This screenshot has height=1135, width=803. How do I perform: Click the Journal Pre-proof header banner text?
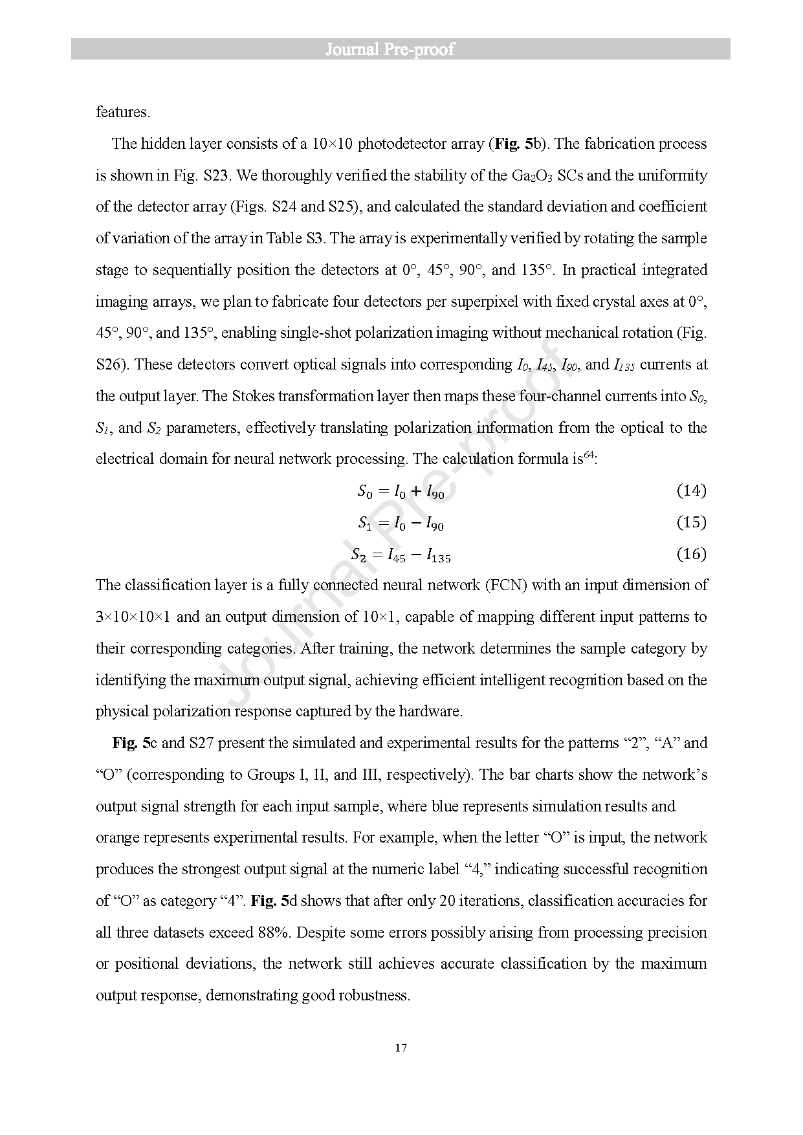point(390,49)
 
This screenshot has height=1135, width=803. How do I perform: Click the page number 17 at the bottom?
point(401,1047)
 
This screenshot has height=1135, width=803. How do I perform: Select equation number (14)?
point(691,490)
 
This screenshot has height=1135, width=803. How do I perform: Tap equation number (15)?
point(691,522)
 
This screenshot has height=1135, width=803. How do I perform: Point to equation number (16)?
point(691,554)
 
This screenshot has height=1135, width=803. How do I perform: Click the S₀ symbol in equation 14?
point(365,492)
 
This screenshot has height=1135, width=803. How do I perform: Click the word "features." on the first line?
point(123,112)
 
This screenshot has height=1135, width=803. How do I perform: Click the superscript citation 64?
point(589,456)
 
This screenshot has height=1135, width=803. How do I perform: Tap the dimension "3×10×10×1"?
point(133,617)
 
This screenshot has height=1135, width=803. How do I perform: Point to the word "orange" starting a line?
point(117,837)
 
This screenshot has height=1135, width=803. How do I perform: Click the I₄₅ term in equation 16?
point(397,555)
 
